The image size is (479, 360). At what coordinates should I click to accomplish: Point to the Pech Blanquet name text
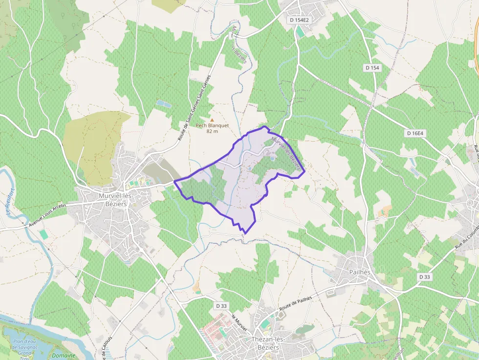(212, 125)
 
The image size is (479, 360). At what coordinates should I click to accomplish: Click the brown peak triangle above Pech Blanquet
(212, 119)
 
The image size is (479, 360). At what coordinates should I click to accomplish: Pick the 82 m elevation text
(212, 131)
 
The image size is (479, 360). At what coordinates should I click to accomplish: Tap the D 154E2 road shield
(299, 20)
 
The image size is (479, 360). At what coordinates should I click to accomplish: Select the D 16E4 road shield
(414, 133)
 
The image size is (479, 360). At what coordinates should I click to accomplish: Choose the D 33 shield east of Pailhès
(424, 276)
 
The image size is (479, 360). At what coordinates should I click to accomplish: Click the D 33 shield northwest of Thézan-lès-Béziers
(222, 306)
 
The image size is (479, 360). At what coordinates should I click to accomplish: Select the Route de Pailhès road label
(302, 299)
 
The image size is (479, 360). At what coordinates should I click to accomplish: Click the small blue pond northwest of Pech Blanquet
(164, 104)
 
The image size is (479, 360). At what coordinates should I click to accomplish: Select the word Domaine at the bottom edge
(64, 356)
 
